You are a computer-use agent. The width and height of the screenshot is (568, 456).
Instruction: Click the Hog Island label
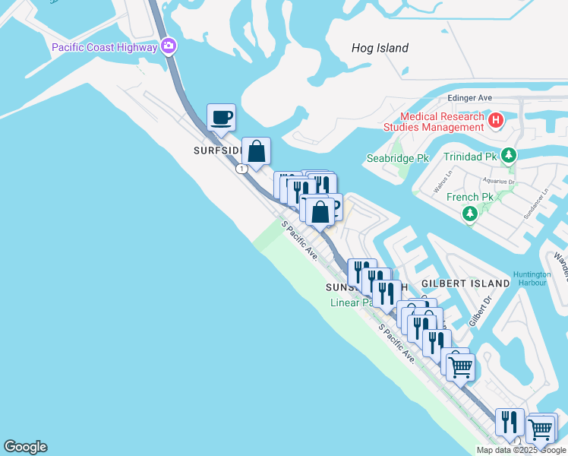(x=380, y=48)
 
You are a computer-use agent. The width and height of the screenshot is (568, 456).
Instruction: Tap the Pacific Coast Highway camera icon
(x=169, y=47)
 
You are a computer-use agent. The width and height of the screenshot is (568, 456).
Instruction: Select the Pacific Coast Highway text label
(x=104, y=47)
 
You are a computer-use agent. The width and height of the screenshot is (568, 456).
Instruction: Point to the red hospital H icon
(x=496, y=119)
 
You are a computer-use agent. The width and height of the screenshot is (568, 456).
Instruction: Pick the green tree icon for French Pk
(x=470, y=214)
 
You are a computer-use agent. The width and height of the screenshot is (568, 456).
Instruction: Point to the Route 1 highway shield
(x=241, y=169)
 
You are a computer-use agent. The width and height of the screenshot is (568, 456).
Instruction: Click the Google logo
(x=25, y=447)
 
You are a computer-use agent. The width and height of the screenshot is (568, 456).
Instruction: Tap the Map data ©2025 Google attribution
(x=520, y=450)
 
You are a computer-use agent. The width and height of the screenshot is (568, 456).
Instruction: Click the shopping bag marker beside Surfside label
(x=257, y=151)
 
